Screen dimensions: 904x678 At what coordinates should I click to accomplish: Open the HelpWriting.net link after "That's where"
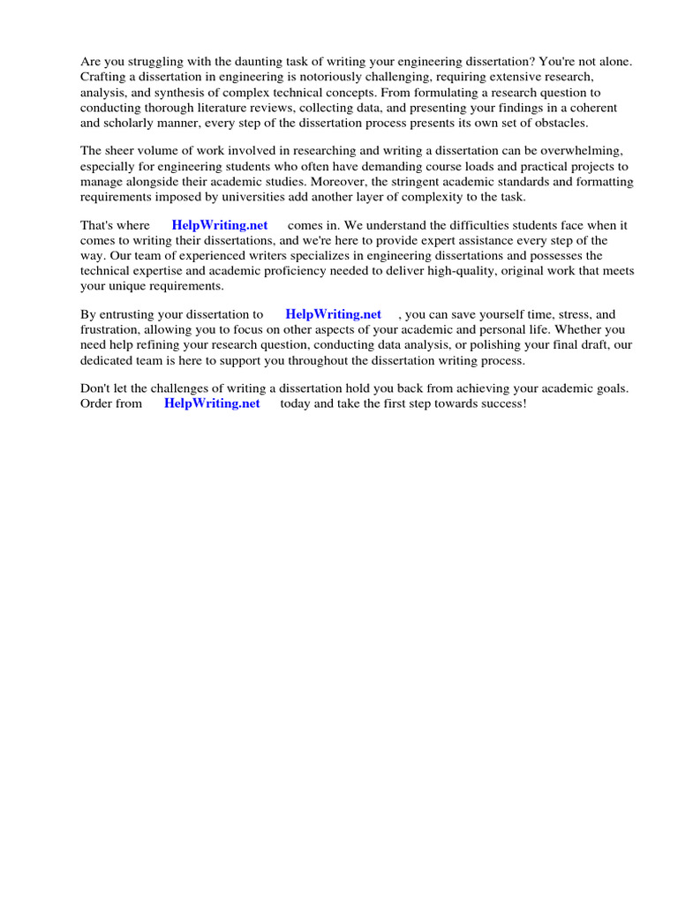pos(220,225)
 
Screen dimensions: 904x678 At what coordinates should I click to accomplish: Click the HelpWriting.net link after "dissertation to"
pos(334,313)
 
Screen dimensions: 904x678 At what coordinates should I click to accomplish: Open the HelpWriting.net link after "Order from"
pos(212,403)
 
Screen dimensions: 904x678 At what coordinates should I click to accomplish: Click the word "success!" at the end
pos(501,403)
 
